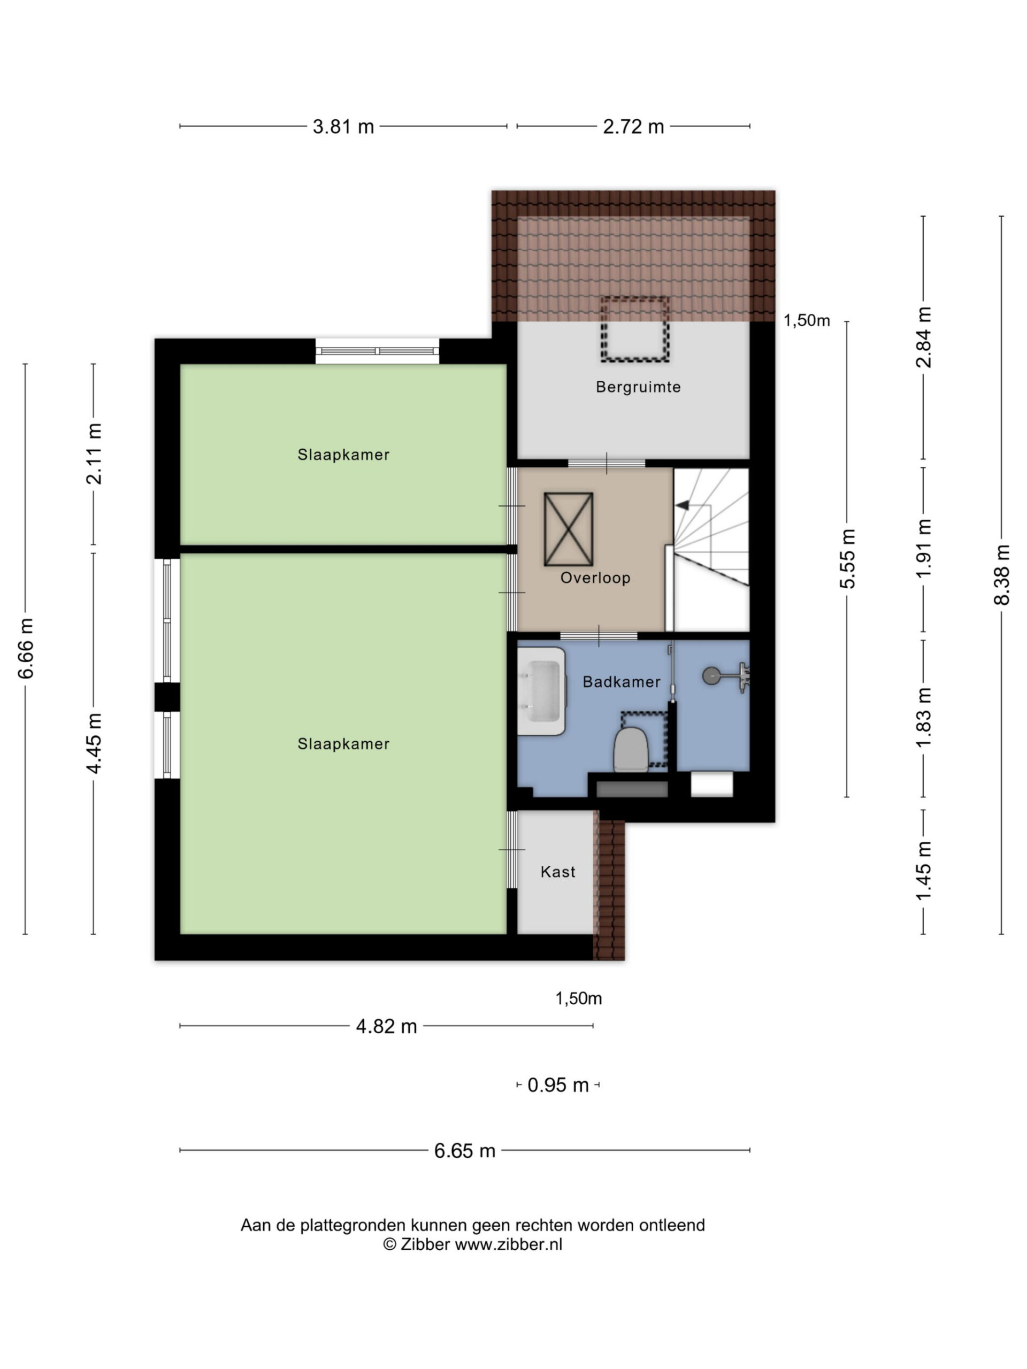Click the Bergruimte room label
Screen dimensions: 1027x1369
click(638, 387)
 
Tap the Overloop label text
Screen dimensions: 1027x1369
click(595, 578)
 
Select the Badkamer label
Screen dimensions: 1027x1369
click(622, 681)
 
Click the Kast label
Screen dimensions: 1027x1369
click(558, 872)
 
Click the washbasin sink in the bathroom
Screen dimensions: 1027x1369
click(541, 691)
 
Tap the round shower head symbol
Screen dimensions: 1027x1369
click(711, 675)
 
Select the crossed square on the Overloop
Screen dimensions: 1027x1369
click(568, 529)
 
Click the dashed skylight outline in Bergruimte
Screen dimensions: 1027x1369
click(634, 329)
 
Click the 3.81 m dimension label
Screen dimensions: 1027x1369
click(343, 126)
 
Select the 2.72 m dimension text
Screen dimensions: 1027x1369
click(633, 126)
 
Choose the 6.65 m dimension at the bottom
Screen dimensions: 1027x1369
click(464, 1150)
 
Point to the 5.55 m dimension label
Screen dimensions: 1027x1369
click(847, 559)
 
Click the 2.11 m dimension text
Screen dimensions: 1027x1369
click(94, 453)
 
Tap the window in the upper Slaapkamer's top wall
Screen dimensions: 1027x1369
click(377, 351)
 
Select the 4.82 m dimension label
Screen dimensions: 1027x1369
click(386, 1026)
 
